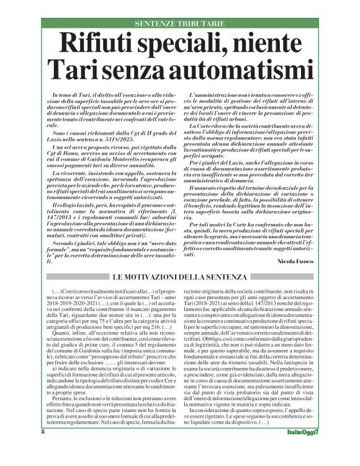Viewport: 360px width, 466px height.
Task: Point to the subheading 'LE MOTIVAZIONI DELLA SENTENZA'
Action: click(180, 276)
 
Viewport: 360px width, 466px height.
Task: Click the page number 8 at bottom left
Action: click(43, 449)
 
